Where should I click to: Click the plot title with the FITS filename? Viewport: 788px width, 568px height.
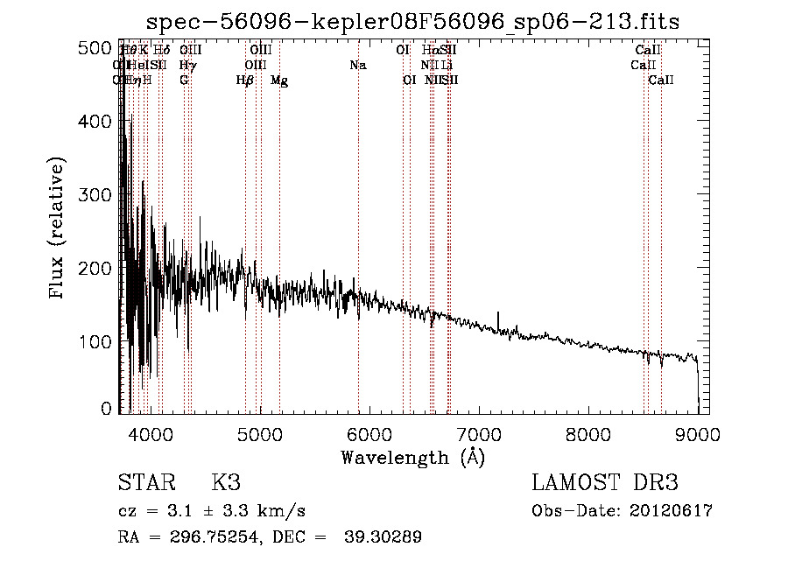coord(412,21)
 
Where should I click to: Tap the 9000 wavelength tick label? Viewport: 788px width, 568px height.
coord(697,433)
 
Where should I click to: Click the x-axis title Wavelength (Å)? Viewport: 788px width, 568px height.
coord(412,457)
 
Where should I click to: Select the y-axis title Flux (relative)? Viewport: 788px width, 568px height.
coord(59,229)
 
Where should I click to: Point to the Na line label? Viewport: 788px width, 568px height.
coord(357,66)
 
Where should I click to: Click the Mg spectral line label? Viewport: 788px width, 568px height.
coord(279,81)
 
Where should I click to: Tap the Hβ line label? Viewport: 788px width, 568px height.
coord(245,81)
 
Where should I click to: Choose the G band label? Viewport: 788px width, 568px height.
coord(184,81)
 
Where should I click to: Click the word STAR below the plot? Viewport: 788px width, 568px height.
coord(146,483)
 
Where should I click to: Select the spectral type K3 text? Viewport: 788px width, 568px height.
coord(226,483)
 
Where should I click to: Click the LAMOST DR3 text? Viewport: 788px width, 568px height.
coord(605,483)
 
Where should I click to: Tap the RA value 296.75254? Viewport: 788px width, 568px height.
coord(210,537)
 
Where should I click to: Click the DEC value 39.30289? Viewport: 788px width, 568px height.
coord(385,537)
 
